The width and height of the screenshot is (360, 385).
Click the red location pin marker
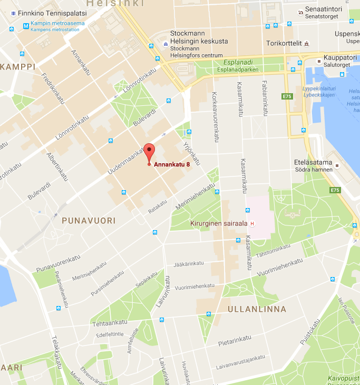[149, 152]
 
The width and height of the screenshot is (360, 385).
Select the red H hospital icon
[252, 223]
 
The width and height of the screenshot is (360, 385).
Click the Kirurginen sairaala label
[218, 223]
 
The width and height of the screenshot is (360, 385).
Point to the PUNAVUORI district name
[89, 221]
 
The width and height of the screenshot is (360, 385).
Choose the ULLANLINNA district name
[257, 309]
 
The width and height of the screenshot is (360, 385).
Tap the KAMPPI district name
[17, 67]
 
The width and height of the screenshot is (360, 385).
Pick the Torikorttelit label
[284, 44]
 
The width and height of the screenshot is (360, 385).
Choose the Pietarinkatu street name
[235, 343]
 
